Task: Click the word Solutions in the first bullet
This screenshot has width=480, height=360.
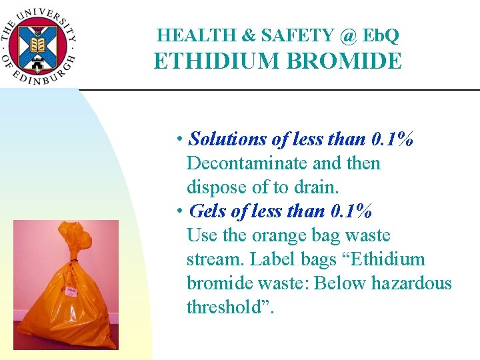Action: pos(229,139)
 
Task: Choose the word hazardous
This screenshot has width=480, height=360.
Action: pos(411,283)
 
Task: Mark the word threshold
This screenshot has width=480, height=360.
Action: pos(225,307)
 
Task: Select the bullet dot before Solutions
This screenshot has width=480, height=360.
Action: pos(180,140)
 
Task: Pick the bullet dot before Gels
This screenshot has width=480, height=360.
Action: pos(180,212)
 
